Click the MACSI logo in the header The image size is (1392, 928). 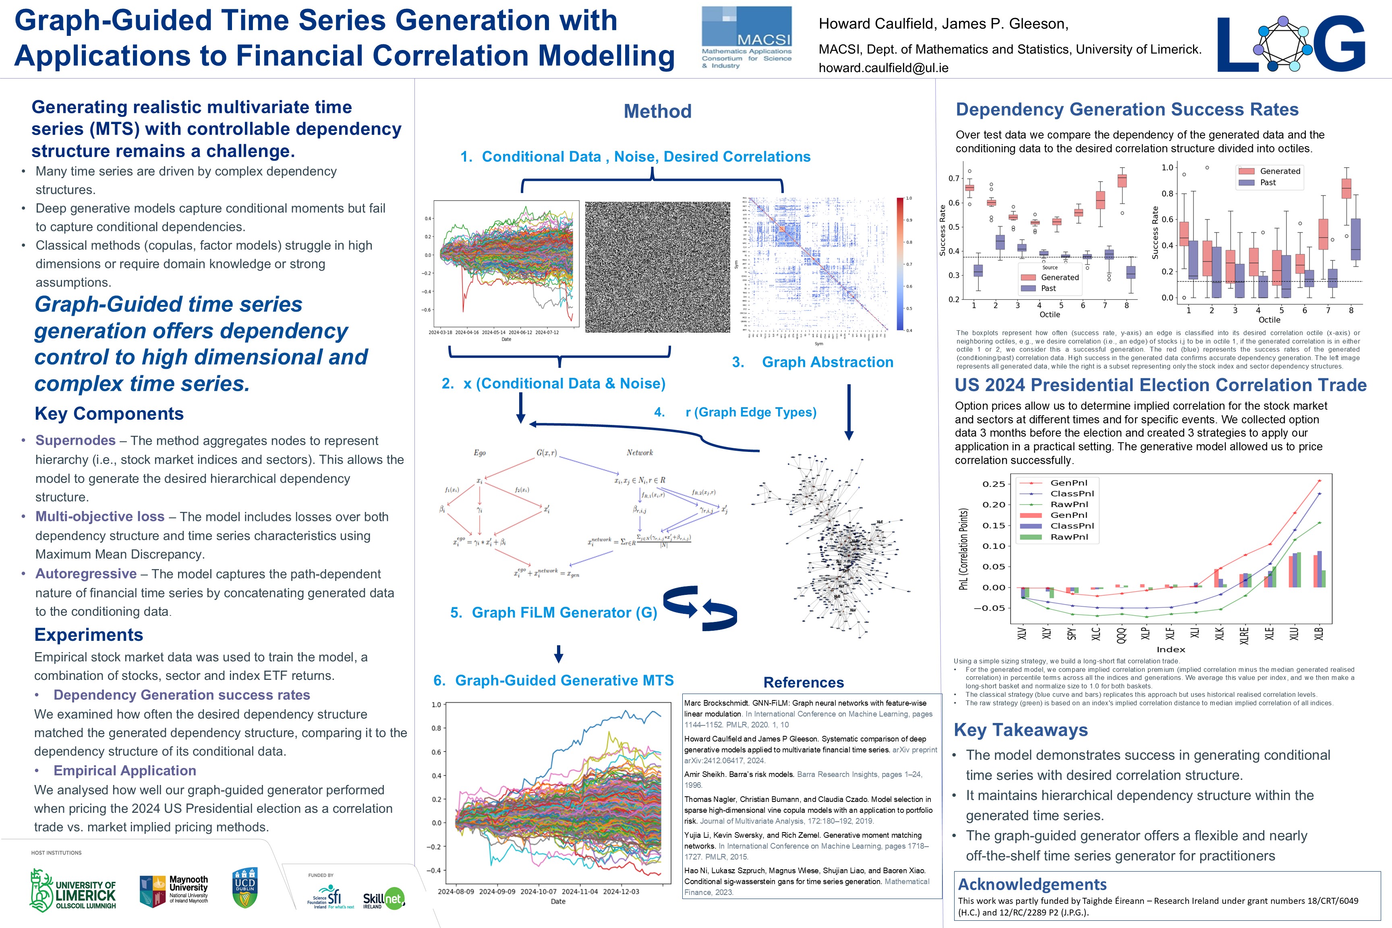[x=746, y=38]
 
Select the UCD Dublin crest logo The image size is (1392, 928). [x=244, y=887]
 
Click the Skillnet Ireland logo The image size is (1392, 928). [x=383, y=899]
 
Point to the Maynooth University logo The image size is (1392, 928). [x=174, y=891]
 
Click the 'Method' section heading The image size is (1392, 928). [x=657, y=111]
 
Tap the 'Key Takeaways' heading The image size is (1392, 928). [x=1020, y=730]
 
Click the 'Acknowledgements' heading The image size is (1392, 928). [x=1032, y=884]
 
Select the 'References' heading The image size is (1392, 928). [x=803, y=682]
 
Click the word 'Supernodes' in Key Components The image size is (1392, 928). [x=75, y=440]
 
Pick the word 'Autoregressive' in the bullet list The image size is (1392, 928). [x=86, y=574]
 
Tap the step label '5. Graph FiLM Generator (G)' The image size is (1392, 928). [x=553, y=613]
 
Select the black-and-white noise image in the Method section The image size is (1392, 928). [x=657, y=267]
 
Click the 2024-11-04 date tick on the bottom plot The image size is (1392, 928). [x=580, y=891]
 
